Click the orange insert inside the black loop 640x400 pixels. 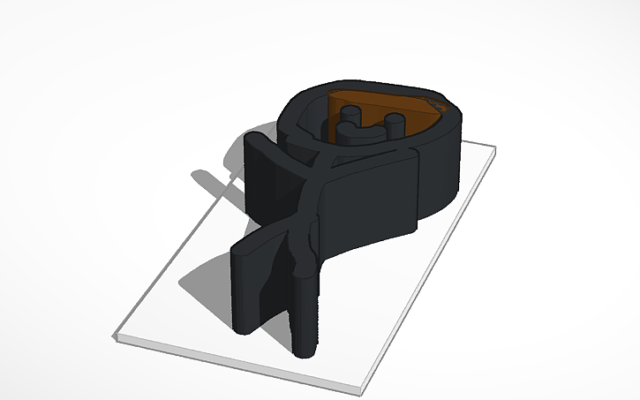coord(415,116)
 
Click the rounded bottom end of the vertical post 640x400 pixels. coord(301,349)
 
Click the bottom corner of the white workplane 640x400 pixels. coord(362,389)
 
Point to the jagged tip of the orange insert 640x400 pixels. coord(441,106)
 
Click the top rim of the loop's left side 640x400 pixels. coord(296,110)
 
